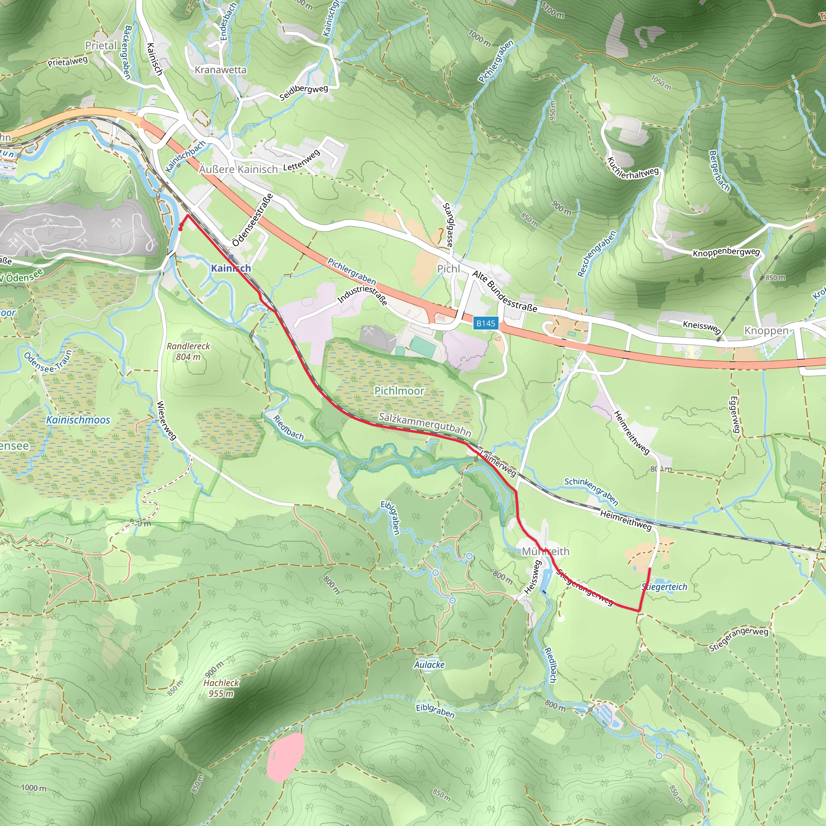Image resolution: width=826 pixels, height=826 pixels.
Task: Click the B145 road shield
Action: point(486,323)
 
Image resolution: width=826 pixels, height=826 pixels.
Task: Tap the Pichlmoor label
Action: point(399,391)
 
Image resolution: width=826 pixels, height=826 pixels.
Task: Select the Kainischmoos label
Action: point(78,420)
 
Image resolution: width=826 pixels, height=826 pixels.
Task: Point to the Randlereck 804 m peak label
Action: point(188,351)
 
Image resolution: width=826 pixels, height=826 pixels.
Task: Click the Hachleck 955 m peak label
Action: point(221,688)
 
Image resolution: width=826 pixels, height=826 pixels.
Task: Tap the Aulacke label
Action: point(429,665)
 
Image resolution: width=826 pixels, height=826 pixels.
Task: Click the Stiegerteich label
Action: point(665,587)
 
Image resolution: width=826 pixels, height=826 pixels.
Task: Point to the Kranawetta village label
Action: point(221,70)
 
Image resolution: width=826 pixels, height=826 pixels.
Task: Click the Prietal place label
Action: point(101,45)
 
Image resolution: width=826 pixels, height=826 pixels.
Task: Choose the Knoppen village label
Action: point(767,330)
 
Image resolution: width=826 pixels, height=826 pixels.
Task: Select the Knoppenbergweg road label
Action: point(726,252)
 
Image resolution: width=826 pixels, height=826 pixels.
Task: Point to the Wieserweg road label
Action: point(166,420)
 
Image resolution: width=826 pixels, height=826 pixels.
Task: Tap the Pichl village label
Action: point(448,269)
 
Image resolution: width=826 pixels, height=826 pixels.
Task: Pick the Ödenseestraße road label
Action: point(252,220)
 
